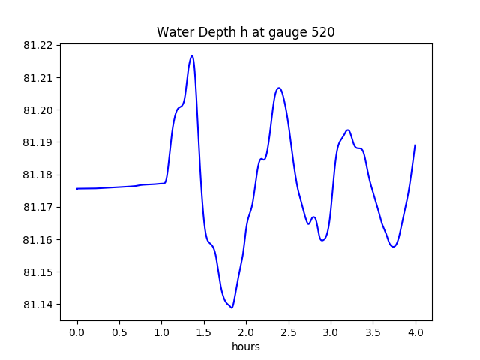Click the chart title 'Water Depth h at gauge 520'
click(245, 32)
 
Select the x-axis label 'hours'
click(246, 346)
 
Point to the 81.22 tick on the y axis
click(37, 46)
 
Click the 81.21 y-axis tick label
click(37, 78)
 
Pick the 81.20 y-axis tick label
click(37, 110)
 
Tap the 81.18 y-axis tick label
click(37, 175)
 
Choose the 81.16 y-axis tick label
click(37, 240)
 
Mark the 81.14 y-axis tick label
click(37, 304)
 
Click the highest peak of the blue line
click(192, 55)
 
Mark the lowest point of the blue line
click(232, 307)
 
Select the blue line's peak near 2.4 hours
click(279, 88)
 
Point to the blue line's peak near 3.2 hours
click(348, 130)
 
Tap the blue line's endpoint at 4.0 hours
click(415, 145)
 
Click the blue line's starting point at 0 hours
click(77, 189)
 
